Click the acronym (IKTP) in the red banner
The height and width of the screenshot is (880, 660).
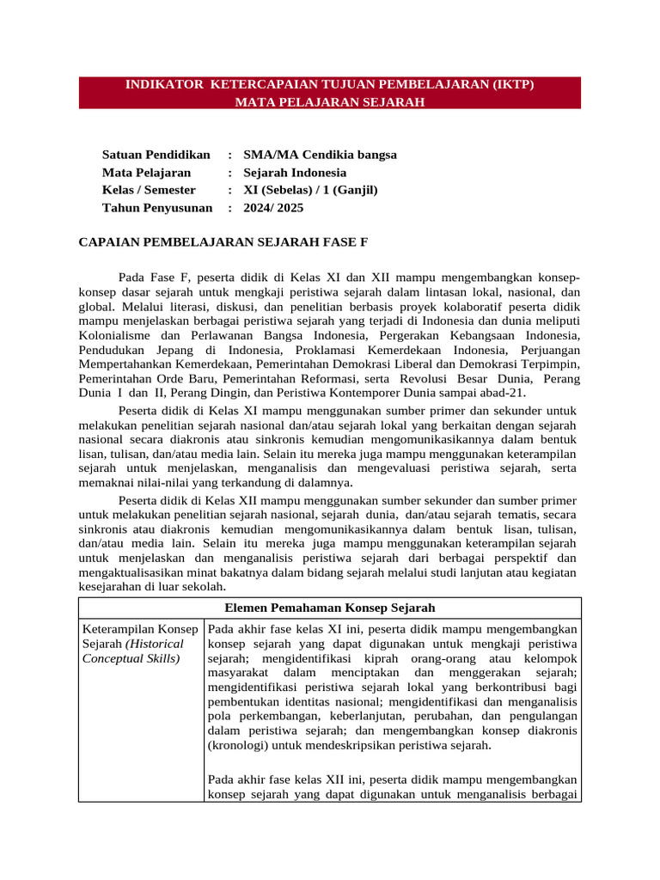519,86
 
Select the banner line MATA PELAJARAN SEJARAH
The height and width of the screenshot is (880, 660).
330,102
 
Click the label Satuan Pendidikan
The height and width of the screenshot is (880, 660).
156,155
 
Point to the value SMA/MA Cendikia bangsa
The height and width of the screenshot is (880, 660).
320,155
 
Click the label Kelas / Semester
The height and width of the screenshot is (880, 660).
149,190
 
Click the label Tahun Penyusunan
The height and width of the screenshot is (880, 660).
157,208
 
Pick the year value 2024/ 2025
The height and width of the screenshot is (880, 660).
273,208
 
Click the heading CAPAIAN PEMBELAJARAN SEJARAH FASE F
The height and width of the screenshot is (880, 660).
223,242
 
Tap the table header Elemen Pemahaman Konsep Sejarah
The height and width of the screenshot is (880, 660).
329,608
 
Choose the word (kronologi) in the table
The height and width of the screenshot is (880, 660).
238,746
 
